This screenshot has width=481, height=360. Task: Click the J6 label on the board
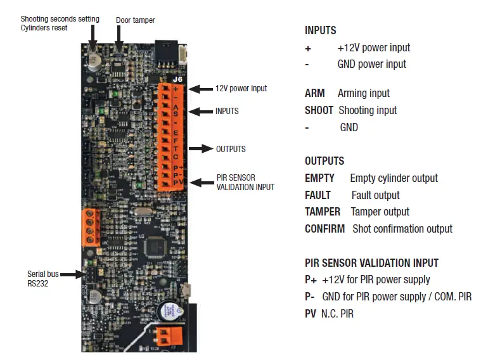click(179, 80)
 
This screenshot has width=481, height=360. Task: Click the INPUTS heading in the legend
click(320, 30)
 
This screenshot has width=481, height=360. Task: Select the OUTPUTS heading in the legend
click(324, 162)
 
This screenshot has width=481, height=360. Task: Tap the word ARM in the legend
click(314, 93)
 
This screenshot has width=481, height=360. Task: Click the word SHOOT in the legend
click(319, 110)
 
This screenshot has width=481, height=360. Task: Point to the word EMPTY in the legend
click(319, 179)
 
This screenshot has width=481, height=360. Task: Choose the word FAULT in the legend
click(317, 196)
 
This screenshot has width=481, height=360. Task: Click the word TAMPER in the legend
click(322, 212)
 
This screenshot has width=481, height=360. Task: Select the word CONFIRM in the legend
click(324, 229)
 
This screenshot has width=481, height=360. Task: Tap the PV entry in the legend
click(311, 314)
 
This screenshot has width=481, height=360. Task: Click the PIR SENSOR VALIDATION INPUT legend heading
click(371, 263)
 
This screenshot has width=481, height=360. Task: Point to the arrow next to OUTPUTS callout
click(201, 149)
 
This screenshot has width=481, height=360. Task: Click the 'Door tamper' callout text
click(135, 20)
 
